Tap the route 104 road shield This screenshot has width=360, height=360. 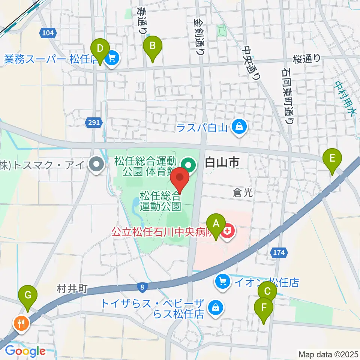point(48,33)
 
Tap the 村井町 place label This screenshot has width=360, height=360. point(72,288)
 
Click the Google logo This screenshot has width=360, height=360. point(25,351)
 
